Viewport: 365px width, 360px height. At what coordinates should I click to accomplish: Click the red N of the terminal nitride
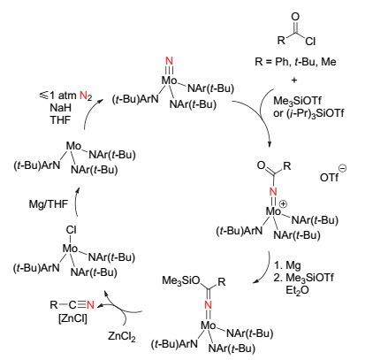point(169,61)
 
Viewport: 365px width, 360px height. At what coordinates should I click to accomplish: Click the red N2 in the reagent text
point(86,96)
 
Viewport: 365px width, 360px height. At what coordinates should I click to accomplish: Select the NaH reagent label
point(60,108)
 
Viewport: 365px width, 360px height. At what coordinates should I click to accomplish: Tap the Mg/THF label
point(48,204)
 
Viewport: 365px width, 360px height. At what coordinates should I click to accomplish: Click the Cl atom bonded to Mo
point(72,230)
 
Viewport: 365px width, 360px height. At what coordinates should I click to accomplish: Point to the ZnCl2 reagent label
point(122,336)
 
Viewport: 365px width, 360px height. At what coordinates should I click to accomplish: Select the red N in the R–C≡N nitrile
point(90,304)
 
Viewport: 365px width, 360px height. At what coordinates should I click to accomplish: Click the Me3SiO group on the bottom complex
point(181,280)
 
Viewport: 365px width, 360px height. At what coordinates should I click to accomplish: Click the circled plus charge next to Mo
point(283,204)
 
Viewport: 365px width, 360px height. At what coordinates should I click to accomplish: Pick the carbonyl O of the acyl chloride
point(295,17)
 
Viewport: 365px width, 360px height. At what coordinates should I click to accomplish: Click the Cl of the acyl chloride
point(310,42)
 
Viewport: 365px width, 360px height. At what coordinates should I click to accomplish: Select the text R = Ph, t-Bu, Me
point(295,62)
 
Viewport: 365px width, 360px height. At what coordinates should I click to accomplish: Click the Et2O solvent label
point(297,290)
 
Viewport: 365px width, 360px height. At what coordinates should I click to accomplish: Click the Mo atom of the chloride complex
point(70,249)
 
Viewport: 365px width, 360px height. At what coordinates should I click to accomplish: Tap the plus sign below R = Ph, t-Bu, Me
point(293,80)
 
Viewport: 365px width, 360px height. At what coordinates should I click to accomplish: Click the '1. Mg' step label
point(287,265)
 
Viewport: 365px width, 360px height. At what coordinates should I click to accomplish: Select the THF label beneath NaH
point(60,119)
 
